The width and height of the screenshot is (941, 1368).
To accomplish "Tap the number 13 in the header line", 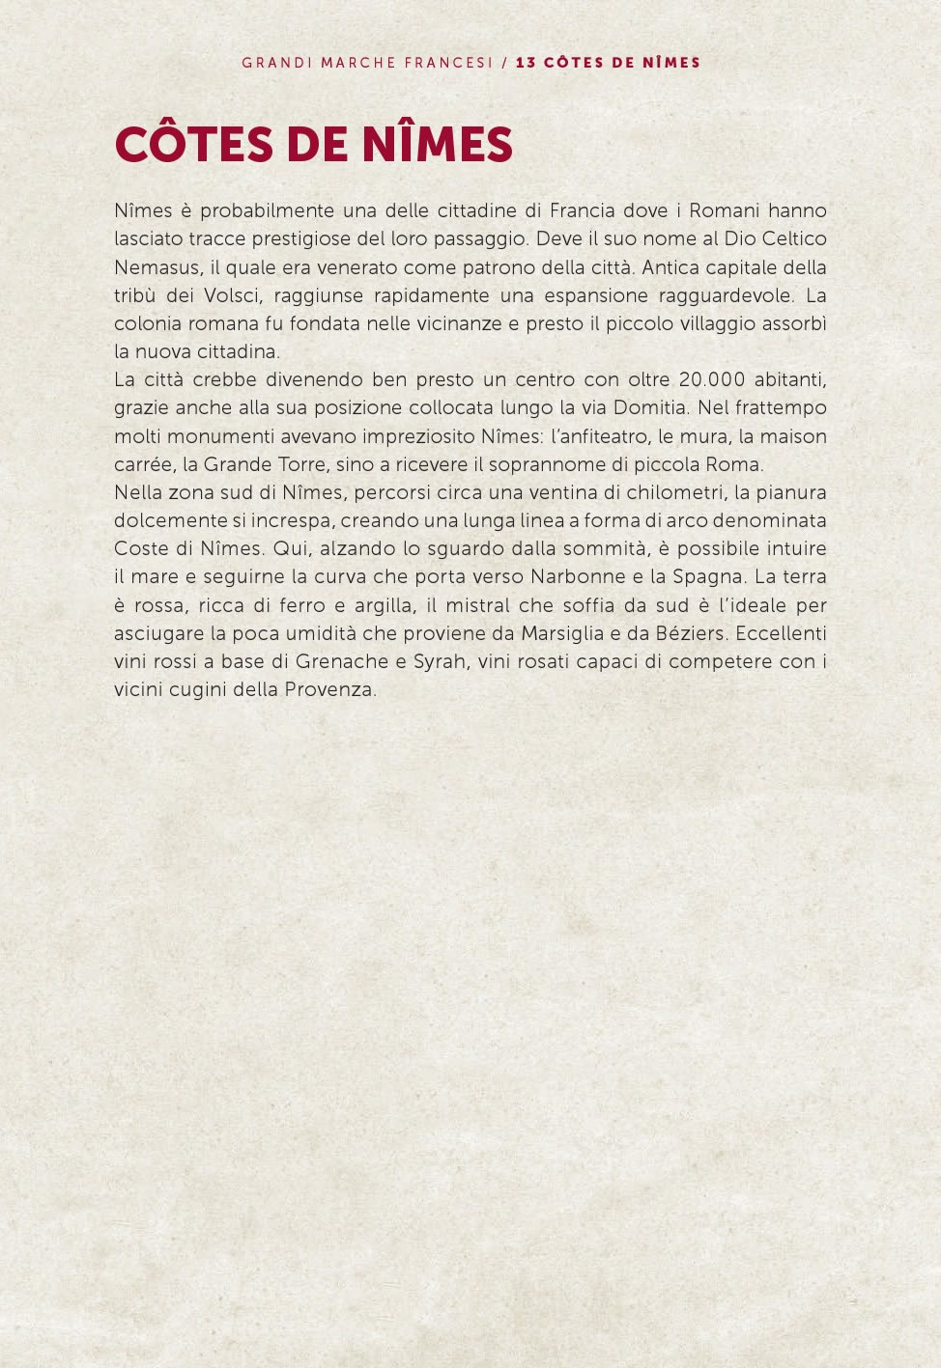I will (526, 63).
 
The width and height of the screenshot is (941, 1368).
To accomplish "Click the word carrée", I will (143, 464).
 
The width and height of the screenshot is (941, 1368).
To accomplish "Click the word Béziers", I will (692, 633).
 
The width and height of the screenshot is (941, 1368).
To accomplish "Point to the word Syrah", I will (440, 662).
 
